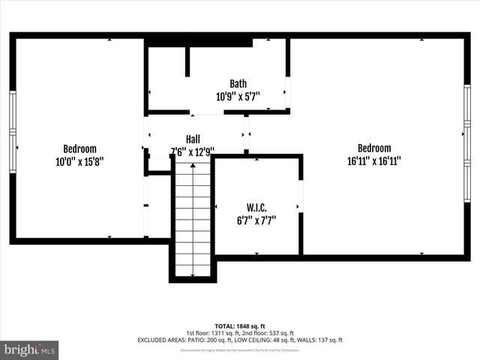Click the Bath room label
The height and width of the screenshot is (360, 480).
pyautogui.click(x=238, y=84)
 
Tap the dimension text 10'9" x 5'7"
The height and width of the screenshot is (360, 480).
pyautogui.click(x=238, y=96)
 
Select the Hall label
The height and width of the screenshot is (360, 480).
pyautogui.click(x=193, y=139)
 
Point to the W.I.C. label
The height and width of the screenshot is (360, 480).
pyautogui.click(x=256, y=208)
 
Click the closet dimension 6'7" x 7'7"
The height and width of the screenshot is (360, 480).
pyautogui.click(x=256, y=220)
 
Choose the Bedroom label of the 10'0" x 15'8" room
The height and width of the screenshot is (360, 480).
pyautogui.click(x=79, y=148)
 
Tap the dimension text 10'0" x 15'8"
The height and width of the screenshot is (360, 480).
pyautogui.click(x=79, y=160)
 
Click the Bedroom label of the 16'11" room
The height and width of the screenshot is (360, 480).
pyautogui.click(x=373, y=148)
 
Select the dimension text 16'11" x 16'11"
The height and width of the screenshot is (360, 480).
pyautogui.click(x=373, y=160)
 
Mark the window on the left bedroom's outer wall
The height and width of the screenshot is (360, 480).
pyautogui.click(x=12, y=131)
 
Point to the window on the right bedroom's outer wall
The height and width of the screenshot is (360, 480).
pyautogui.click(x=466, y=142)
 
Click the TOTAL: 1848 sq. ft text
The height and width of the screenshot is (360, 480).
pyautogui.click(x=240, y=326)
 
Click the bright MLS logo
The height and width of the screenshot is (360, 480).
pyautogui.click(x=29, y=349)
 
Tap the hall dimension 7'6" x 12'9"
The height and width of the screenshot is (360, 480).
pyautogui.click(x=193, y=151)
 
